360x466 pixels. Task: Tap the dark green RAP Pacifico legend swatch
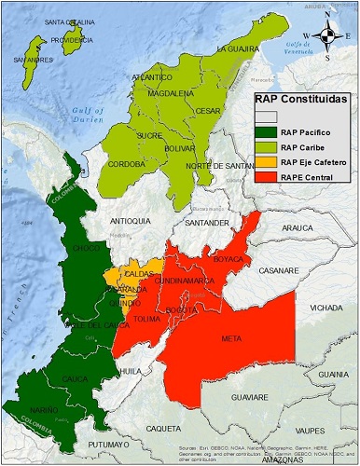coord(268,133)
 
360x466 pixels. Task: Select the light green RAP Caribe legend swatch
coord(268,148)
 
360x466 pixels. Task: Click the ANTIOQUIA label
coord(130,221)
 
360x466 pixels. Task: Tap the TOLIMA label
coord(150,319)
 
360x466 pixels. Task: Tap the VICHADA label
coord(326,306)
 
